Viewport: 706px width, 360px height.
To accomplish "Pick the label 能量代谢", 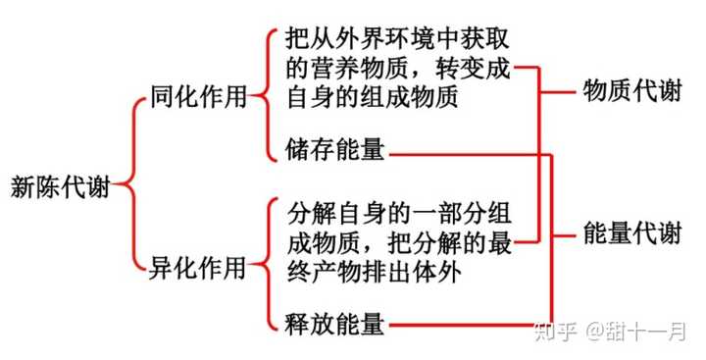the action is (x=631, y=233).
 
